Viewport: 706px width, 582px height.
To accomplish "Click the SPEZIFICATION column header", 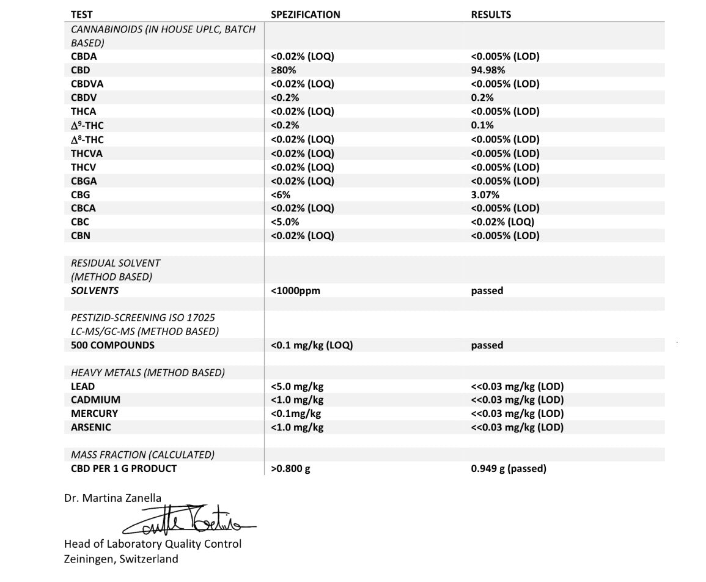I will point(305,15).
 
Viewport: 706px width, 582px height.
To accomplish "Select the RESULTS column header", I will point(491,15).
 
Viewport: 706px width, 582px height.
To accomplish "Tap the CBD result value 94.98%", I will point(488,70).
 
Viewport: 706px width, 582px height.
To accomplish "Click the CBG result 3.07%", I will point(485,195).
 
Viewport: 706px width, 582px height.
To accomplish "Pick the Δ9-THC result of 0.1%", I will point(482,125).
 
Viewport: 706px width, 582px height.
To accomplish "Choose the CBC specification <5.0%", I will point(285,222).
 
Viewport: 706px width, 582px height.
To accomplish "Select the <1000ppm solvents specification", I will point(295,291).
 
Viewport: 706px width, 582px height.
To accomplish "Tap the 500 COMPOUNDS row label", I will point(112,345).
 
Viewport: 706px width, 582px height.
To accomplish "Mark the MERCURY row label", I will point(94,414).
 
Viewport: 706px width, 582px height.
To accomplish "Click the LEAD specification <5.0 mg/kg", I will point(297,386).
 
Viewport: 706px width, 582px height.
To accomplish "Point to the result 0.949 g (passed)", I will point(509,469).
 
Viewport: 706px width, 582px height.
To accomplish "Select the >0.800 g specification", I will point(290,469).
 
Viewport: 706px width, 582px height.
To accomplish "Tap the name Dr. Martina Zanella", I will point(113,498).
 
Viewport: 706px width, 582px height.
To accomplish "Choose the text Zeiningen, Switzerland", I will point(121,559).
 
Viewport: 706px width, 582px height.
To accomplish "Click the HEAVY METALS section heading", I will point(147,372).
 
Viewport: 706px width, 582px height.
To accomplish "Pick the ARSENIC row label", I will point(91,427).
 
